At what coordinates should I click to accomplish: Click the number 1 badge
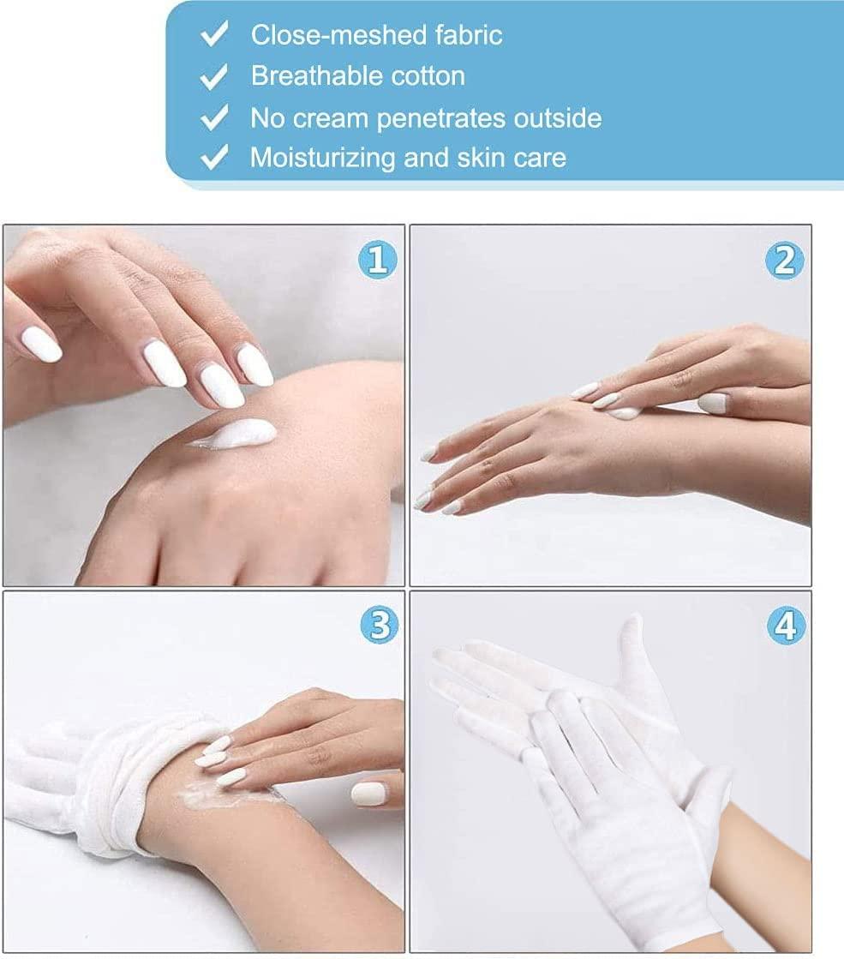coord(377,260)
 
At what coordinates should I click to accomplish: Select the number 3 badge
coord(377,627)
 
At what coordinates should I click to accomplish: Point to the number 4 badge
coord(785,627)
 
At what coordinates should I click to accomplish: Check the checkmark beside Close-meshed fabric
coord(213,35)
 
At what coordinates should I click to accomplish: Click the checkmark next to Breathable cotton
coord(213,76)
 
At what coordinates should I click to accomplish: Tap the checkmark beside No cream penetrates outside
coord(213,117)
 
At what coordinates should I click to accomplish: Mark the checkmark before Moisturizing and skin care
coord(213,157)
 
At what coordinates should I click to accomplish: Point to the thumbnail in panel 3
coord(369,794)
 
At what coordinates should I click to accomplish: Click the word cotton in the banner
coord(428,76)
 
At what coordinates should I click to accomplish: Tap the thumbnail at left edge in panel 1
coord(40,345)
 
